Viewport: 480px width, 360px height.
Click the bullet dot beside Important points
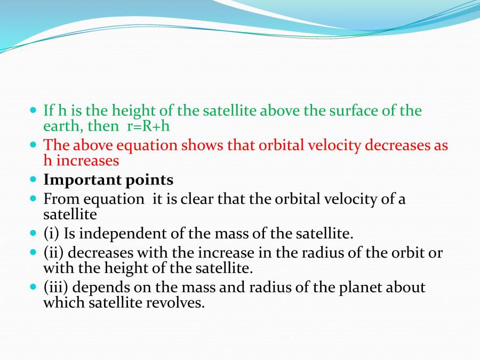(34, 180)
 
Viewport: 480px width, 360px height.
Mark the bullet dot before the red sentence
(34, 145)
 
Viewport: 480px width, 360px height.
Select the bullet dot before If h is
(34, 110)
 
